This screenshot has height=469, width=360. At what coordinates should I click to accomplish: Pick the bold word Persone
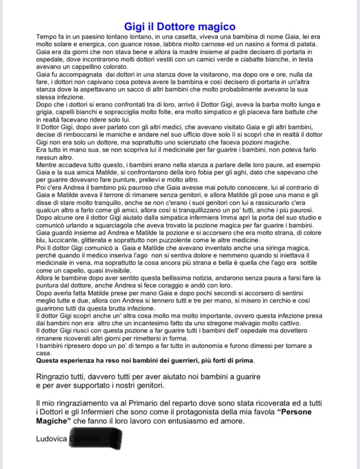pyautogui.click(x=296, y=412)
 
